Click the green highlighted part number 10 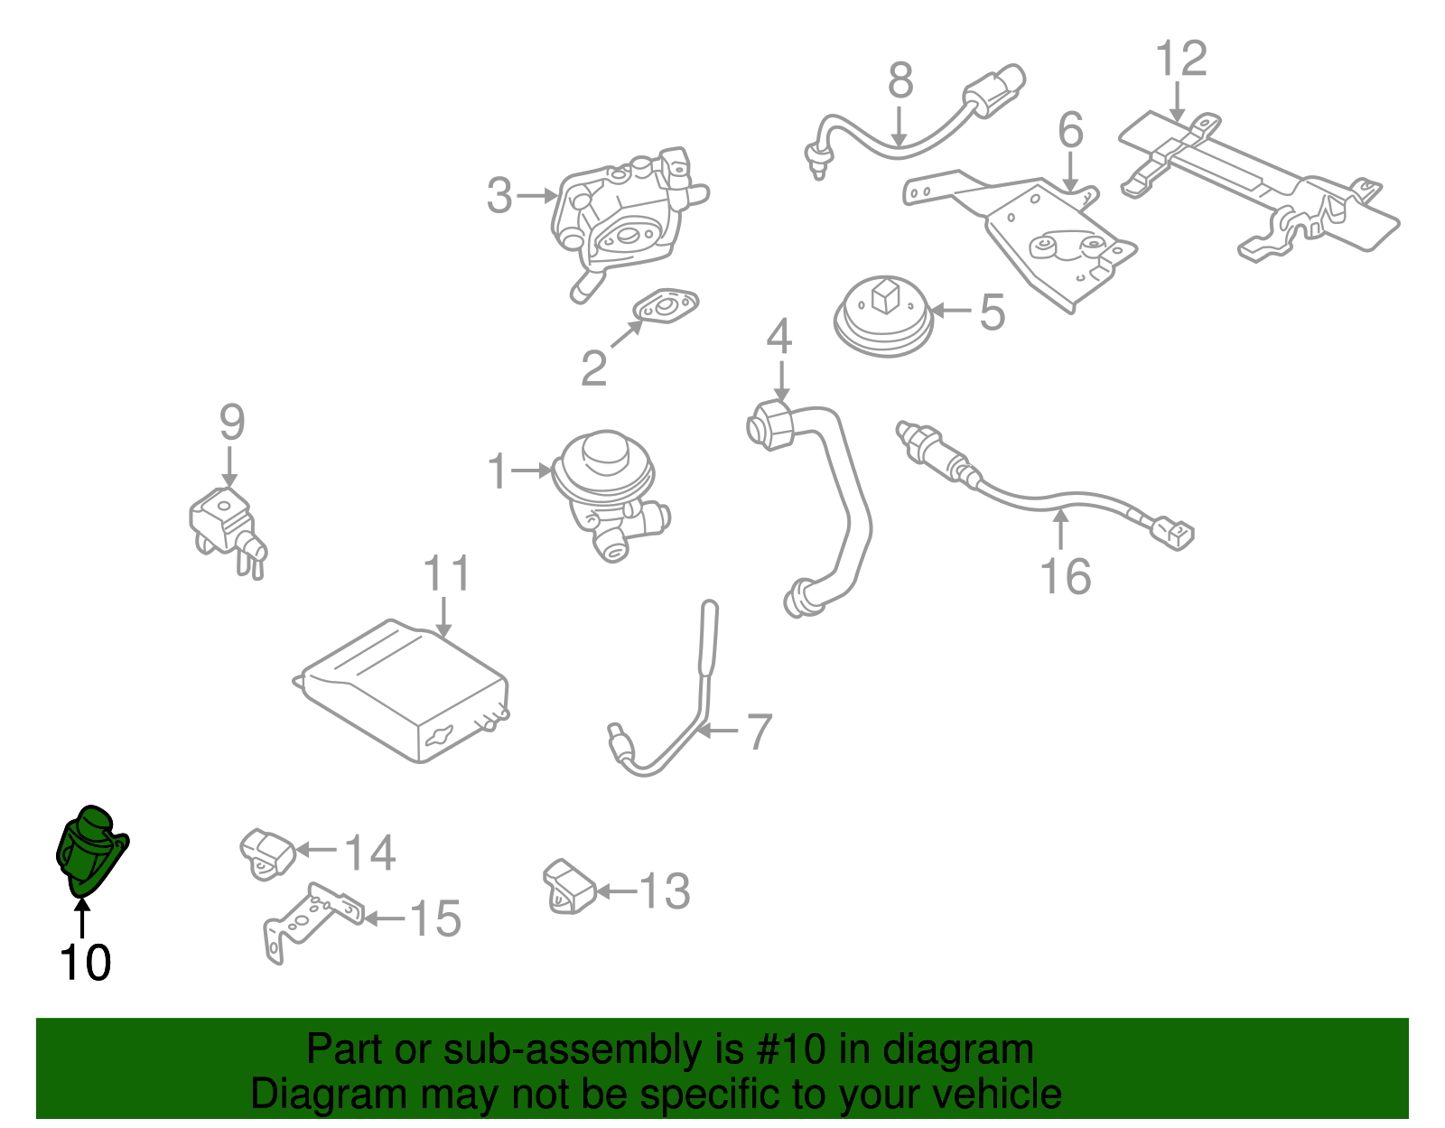pos(90,849)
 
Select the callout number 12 pos(1181,60)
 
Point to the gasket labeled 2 pos(668,306)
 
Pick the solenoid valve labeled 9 pos(226,528)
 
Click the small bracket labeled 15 pos(312,921)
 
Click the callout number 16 pos(1066,576)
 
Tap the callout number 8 pos(900,81)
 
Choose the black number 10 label pos(86,963)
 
